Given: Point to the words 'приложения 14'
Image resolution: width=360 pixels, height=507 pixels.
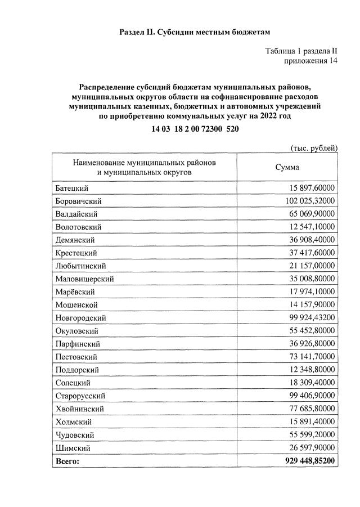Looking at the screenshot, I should [x=310, y=61].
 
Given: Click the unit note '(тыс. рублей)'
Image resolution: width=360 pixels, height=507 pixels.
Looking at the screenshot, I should [x=314, y=149].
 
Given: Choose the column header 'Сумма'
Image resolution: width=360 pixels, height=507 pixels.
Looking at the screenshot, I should [x=287, y=167].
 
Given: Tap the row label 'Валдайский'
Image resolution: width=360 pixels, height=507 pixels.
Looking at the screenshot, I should [x=77, y=214].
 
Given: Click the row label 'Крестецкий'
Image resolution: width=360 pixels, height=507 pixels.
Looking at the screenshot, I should [x=76, y=253].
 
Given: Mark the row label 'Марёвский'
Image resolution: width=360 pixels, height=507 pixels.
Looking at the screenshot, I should [x=75, y=291].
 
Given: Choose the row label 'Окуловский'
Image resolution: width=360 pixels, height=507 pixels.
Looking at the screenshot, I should [x=76, y=331].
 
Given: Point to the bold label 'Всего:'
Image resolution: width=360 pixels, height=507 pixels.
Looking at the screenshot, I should [x=67, y=461].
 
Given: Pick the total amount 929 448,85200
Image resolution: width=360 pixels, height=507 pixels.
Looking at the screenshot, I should [x=309, y=461].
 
